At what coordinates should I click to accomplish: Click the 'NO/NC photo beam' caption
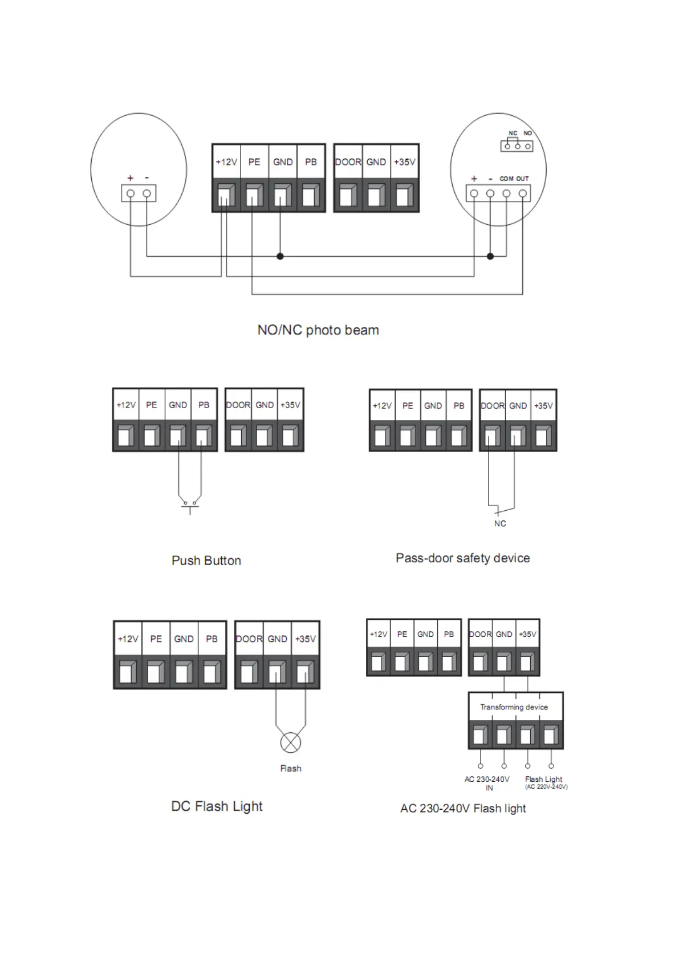318,330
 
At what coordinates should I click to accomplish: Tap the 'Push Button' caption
206,560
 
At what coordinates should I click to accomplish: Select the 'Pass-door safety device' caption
462,558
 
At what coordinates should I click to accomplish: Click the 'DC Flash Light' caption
217,806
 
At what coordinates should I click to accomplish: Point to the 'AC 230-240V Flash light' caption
463,808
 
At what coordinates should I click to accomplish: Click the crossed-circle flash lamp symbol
291,742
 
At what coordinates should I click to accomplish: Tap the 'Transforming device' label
514,707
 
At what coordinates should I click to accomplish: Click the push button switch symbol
190,505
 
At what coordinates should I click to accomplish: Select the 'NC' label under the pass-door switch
500,523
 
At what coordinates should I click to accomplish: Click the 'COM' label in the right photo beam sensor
506,179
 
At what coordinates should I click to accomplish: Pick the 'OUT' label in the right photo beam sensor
523,179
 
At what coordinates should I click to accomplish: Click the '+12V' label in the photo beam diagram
226,162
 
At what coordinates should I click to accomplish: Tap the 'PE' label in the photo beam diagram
254,162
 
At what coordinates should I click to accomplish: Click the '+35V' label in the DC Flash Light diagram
305,639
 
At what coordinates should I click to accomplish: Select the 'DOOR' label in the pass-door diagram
493,406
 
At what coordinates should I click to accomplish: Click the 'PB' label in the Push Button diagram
204,405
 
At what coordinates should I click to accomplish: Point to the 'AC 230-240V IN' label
487,783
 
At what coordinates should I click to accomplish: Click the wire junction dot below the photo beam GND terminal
280,256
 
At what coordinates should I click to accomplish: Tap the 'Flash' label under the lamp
291,769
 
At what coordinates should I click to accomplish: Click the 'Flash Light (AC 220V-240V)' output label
545,782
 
